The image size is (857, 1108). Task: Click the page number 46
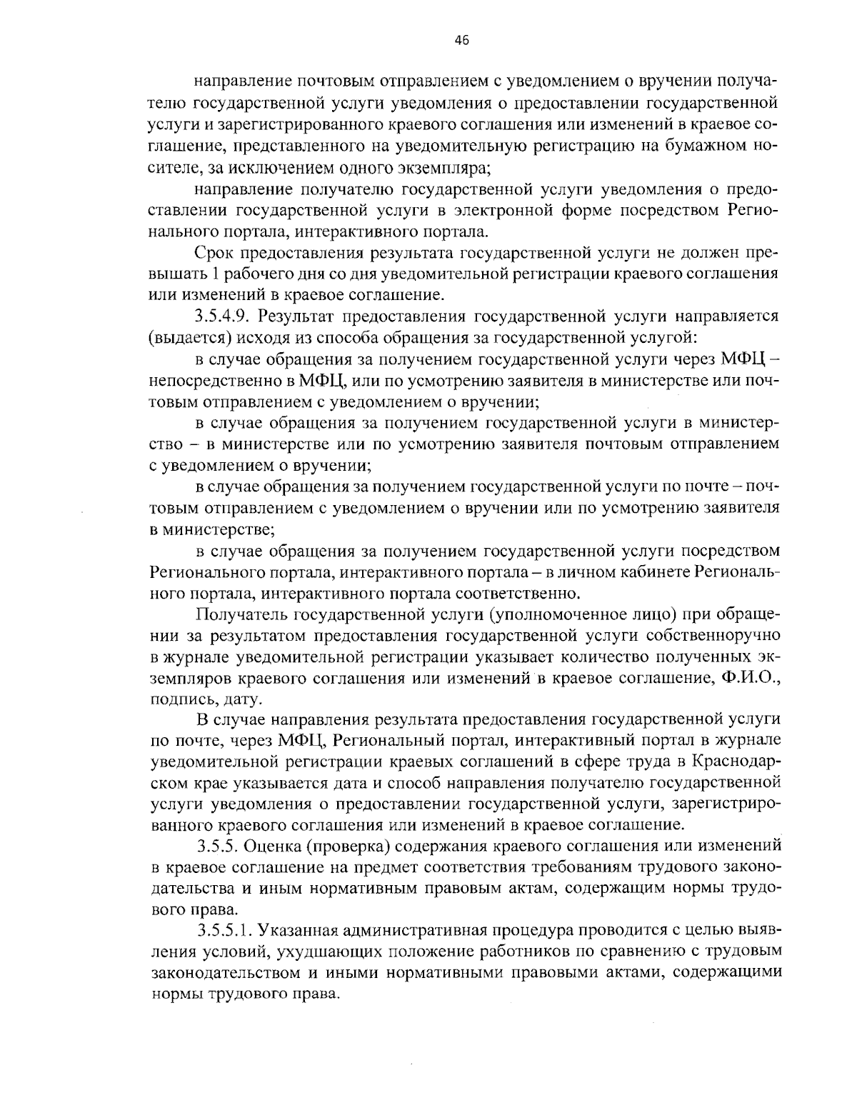point(461,41)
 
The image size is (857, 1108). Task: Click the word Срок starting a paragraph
point(214,253)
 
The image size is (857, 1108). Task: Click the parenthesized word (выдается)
point(185,336)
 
